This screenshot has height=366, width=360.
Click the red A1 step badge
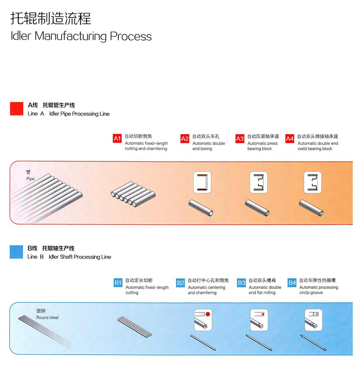click(x=117, y=139)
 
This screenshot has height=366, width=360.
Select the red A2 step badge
click(x=185, y=139)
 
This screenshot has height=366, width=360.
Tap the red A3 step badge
click(x=240, y=139)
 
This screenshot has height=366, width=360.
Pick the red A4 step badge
click(x=290, y=139)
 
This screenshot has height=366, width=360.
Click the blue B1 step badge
click(x=118, y=283)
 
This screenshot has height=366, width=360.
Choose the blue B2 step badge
click(x=180, y=283)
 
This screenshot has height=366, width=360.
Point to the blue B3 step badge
click(x=241, y=283)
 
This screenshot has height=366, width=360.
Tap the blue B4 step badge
click(x=292, y=283)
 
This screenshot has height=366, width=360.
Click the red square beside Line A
click(x=16, y=109)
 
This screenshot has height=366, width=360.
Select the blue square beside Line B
click(x=16, y=252)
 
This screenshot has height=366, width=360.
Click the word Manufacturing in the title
click(x=71, y=36)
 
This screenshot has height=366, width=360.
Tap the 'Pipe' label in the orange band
click(x=31, y=179)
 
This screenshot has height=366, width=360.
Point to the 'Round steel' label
click(x=47, y=317)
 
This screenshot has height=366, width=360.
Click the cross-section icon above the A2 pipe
click(x=202, y=182)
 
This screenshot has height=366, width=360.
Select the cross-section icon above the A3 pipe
click(x=258, y=182)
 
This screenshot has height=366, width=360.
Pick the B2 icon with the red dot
click(x=203, y=320)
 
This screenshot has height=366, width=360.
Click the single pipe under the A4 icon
click(x=311, y=208)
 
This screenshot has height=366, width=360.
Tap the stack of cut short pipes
click(x=133, y=194)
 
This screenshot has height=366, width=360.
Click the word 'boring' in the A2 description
click(x=206, y=149)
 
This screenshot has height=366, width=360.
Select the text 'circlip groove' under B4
click(x=311, y=293)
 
